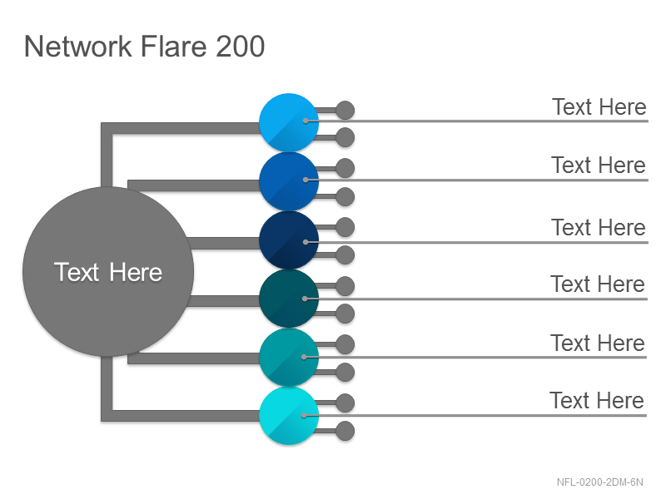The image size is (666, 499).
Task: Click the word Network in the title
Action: tap(78, 46)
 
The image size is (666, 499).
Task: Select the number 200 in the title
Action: tap(240, 46)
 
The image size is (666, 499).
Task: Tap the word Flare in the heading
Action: tap(173, 46)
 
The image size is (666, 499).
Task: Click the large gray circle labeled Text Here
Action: tap(108, 272)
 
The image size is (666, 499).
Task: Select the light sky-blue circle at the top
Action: tap(289, 122)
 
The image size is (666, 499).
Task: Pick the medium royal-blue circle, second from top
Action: tap(289, 181)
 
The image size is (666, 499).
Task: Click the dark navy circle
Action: tap(289, 240)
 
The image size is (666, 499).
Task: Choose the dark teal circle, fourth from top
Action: tap(289, 299)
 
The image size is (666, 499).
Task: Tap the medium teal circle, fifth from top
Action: tap(289, 357)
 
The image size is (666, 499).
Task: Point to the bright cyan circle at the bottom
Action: tap(289, 415)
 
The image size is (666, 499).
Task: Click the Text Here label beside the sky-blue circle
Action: tap(599, 107)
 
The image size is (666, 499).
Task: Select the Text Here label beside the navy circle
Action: tap(599, 227)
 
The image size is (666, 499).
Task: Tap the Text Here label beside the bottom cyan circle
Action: tap(597, 401)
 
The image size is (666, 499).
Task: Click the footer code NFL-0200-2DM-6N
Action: tap(599, 482)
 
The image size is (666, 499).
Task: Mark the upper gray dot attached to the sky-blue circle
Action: tap(345, 111)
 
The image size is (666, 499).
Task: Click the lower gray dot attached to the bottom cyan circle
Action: tap(345, 431)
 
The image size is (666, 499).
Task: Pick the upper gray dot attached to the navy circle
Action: tap(345, 227)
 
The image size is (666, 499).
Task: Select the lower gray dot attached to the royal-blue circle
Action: tap(345, 197)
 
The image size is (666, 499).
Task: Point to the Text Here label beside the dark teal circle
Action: tap(598, 284)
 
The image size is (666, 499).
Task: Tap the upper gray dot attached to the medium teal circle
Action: tap(345, 344)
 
